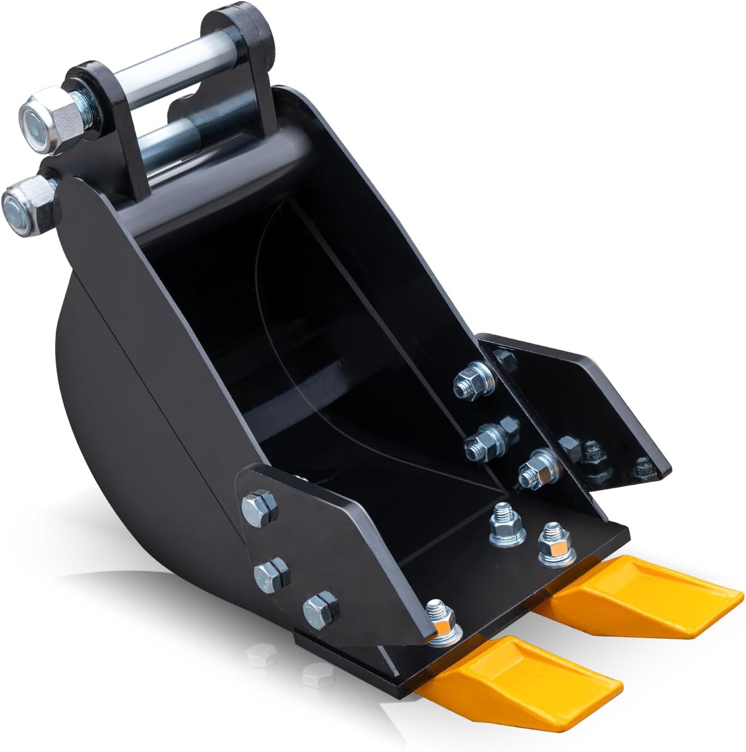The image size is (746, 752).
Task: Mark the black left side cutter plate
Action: [x=338, y=534]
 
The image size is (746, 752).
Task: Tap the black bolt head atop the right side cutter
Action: [x=504, y=358]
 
